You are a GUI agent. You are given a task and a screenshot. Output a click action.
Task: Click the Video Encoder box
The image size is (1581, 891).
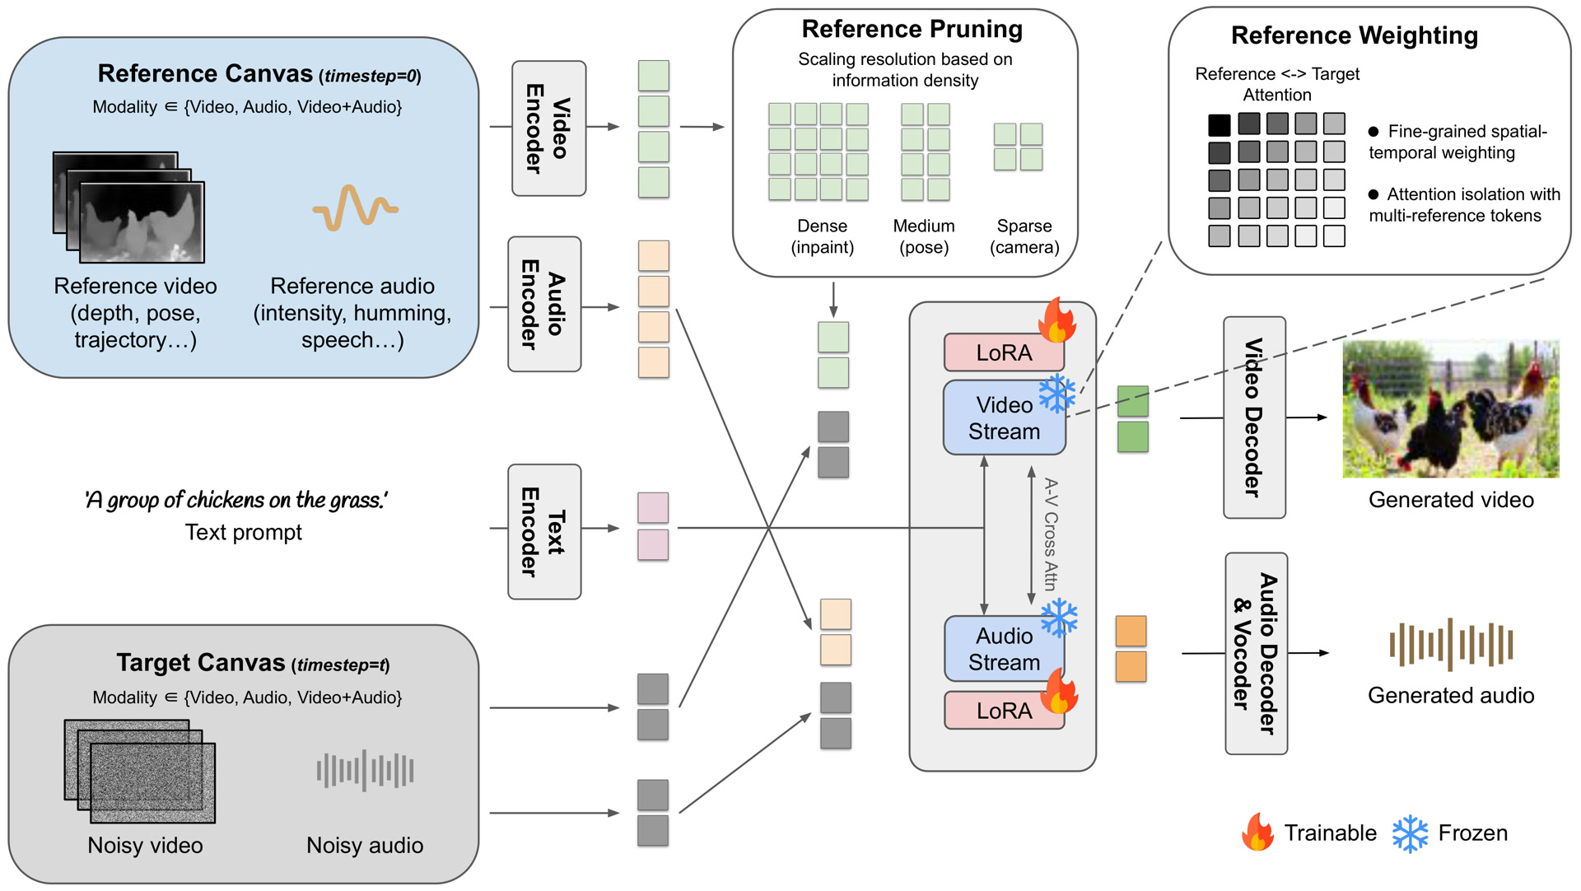coord(548,128)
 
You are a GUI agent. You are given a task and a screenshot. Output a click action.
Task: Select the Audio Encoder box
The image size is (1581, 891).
coord(544,305)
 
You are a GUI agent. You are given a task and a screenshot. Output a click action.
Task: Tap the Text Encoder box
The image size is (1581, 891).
coord(544,531)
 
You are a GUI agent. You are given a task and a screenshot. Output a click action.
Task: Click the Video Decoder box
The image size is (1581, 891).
coord(1253,418)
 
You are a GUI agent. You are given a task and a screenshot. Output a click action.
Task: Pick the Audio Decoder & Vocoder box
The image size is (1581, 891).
coord(1255,653)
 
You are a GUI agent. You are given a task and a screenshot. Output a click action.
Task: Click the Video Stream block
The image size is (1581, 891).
coord(1004,418)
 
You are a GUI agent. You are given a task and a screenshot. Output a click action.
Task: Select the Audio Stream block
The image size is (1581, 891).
coord(1004,649)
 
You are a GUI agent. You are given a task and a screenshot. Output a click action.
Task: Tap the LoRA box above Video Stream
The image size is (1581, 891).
coord(1003,353)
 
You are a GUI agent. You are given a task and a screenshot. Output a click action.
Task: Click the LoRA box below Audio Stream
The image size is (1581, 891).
coord(1003,711)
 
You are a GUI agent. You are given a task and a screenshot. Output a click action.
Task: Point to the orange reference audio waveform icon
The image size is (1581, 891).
coord(355,208)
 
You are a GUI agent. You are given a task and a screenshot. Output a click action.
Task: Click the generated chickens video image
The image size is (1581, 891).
coord(1450,409)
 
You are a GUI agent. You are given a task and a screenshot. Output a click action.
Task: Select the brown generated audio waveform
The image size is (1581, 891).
coord(1451,645)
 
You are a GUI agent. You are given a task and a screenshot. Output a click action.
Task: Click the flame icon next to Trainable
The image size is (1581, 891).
coord(1257,833)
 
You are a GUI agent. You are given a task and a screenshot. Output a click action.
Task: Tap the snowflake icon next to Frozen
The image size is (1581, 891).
coord(1410,833)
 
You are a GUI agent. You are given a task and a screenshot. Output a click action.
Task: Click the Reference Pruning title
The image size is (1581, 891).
coord(912,30)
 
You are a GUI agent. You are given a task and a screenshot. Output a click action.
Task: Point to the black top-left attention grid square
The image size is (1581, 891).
coord(1219,125)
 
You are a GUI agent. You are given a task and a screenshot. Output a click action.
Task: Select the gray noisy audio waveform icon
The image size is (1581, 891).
coord(365,771)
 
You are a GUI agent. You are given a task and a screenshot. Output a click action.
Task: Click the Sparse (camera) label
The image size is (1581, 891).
coord(1024,236)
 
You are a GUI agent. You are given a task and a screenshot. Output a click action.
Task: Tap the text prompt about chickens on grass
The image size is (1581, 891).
coord(236,500)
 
